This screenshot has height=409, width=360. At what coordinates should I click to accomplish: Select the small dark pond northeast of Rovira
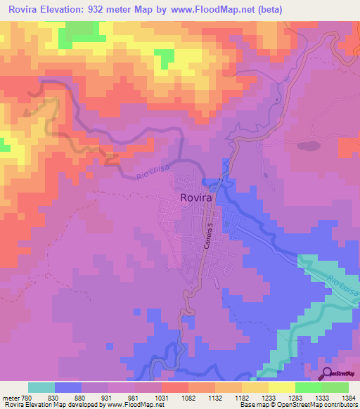click(307, 146)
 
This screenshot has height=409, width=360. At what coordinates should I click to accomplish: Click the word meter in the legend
click(10, 397)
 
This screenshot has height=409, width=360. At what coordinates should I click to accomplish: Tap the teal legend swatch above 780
click(41, 387)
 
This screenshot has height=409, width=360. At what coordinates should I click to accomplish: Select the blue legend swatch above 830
click(67, 387)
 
